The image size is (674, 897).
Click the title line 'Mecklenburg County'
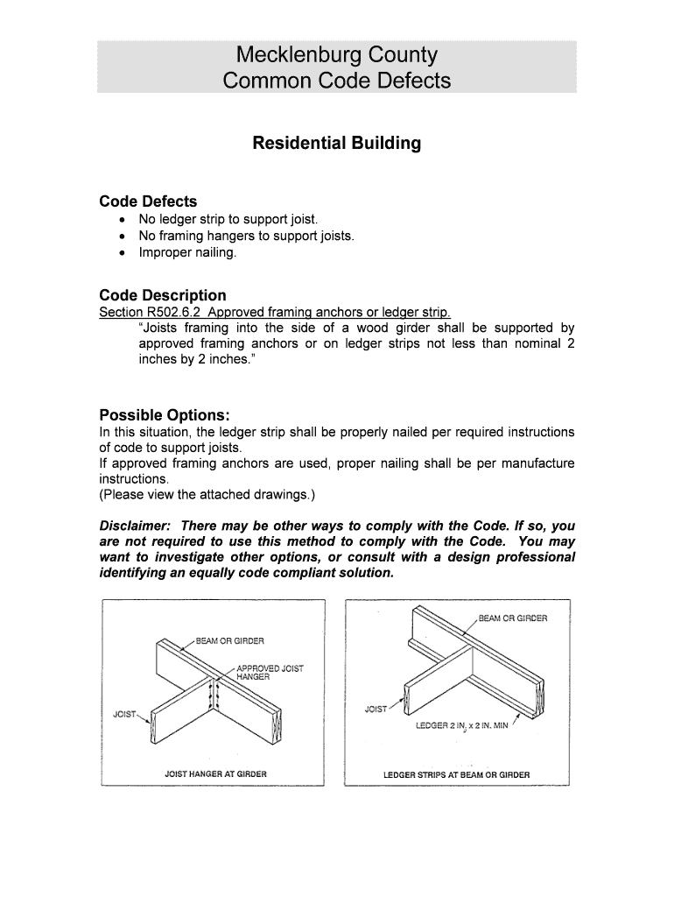(x=336, y=55)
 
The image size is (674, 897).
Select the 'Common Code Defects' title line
(x=336, y=81)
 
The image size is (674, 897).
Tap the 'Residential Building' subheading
(x=336, y=143)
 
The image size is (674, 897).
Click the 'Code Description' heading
(x=163, y=295)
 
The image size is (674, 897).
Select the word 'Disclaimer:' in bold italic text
(x=136, y=526)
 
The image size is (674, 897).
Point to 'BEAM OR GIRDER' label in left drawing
(x=229, y=640)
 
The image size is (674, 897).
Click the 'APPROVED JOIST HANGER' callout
(x=270, y=673)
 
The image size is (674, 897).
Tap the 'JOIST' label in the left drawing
(x=124, y=714)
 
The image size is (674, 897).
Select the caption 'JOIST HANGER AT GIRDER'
(x=215, y=774)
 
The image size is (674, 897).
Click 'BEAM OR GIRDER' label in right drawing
(x=513, y=618)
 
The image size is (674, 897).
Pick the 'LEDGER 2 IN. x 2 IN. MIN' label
(x=467, y=725)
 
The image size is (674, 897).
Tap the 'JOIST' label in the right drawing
(x=376, y=709)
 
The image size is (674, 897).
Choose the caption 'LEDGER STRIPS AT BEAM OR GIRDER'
(x=457, y=775)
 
